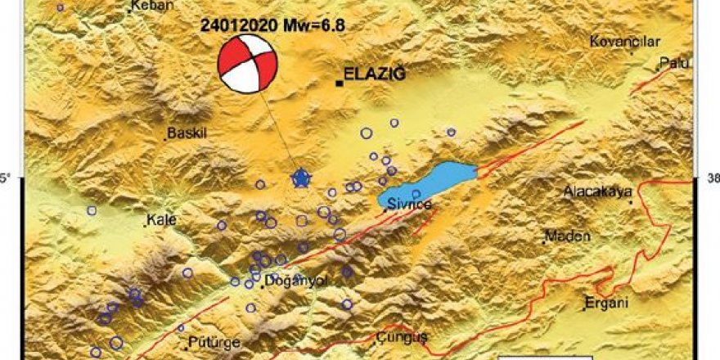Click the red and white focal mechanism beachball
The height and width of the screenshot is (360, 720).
pos(248,64)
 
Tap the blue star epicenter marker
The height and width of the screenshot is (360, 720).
pos(302,178)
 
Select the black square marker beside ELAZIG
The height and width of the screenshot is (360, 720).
pos(339,82)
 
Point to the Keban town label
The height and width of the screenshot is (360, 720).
pos(152,6)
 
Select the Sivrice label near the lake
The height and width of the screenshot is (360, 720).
pos(409,204)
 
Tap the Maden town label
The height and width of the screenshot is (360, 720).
pos(567,236)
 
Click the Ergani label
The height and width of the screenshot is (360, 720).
pos(605,304)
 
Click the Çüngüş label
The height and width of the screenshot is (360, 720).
pos(403,337)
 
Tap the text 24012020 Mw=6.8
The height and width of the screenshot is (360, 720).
pos(272,25)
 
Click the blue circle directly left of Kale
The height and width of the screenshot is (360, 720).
pos(92,210)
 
